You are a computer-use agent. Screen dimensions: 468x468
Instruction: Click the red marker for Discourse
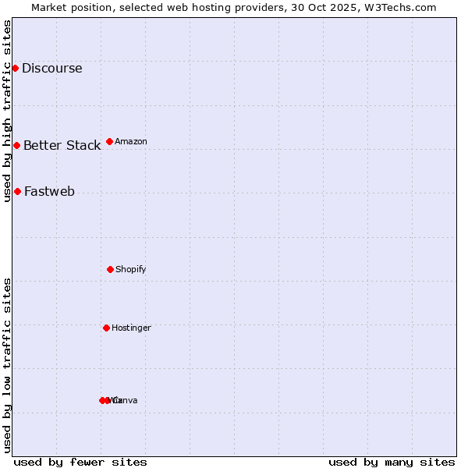point(15,68)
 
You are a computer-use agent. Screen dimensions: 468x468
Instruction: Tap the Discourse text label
point(51,68)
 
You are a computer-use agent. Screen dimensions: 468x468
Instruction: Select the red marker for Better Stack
point(16,145)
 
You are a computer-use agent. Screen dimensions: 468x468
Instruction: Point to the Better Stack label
point(62,145)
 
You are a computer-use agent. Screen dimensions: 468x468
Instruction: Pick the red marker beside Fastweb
point(17,191)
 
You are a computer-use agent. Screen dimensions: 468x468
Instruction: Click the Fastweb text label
point(49,191)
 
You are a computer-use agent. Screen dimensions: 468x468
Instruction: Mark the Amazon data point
point(109,141)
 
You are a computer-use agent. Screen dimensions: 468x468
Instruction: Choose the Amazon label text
point(131,141)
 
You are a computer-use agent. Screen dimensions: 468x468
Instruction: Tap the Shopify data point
point(110,269)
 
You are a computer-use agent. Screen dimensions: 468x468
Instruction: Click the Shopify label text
point(131,269)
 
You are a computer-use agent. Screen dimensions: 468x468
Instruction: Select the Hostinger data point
point(106,328)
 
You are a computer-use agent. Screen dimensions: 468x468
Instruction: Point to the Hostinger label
point(131,328)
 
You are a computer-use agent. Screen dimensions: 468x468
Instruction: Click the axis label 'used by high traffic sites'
point(7,111)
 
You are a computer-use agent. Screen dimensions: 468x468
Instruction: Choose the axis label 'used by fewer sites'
point(80,462)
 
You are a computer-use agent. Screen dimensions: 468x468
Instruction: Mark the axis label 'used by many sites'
point(392,462)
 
